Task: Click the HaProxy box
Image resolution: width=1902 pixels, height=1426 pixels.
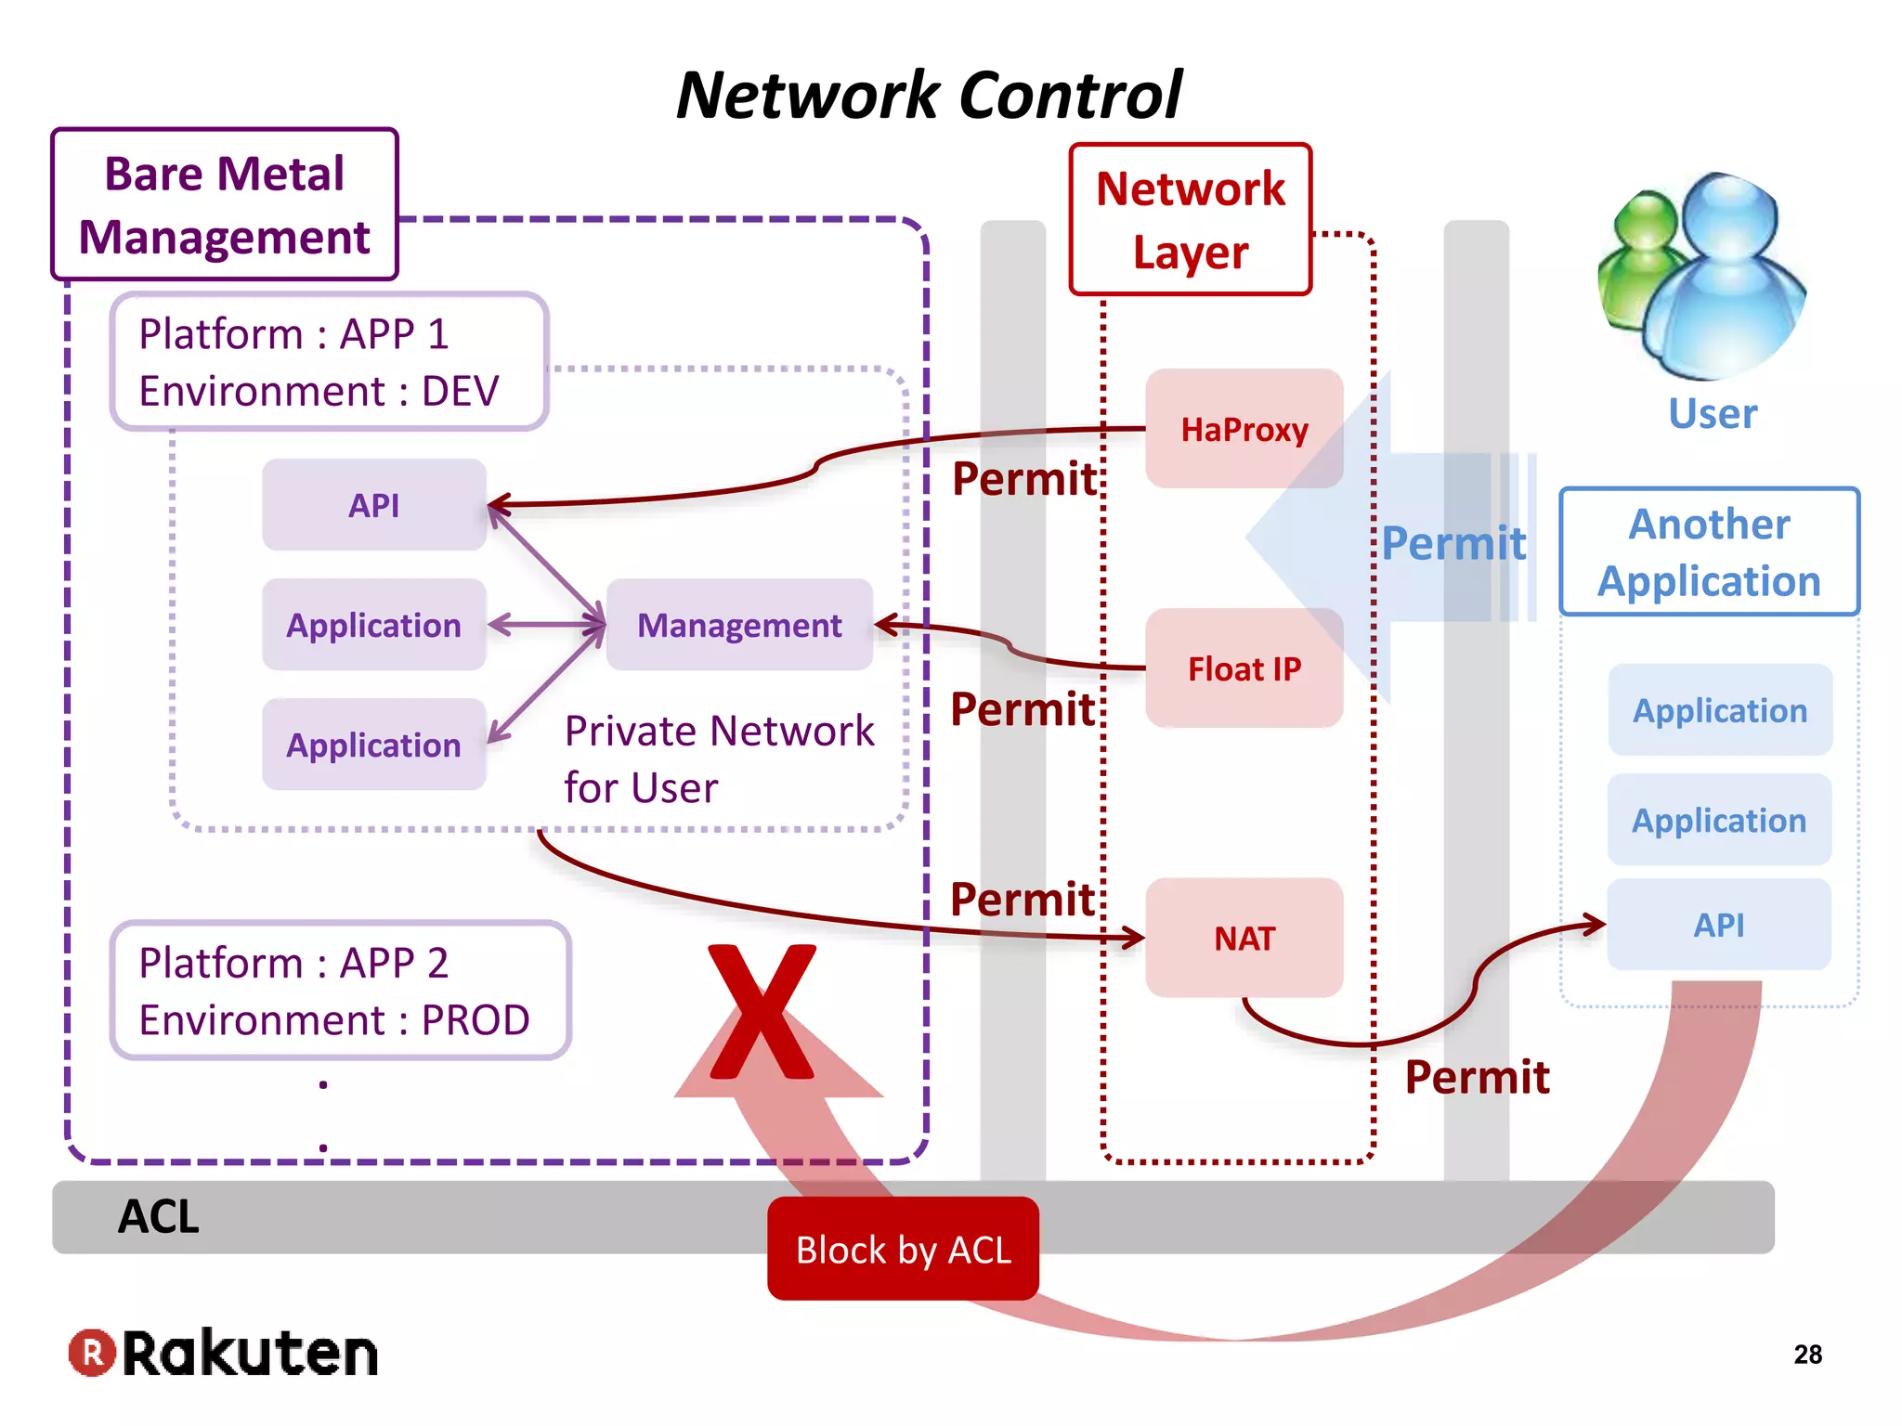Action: point(1244,429)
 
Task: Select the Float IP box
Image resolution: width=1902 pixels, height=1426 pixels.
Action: point(1244,668)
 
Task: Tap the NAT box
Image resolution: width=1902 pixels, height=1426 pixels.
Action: point(1244,938)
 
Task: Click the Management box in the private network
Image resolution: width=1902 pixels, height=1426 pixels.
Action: point(739,625)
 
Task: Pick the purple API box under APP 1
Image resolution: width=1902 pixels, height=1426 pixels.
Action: point(373,505)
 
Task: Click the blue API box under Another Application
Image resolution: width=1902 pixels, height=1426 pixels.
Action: point(1718,925)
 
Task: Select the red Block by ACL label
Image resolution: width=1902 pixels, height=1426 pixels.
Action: point(903,1250)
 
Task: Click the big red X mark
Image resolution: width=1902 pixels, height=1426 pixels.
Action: point(762,1012)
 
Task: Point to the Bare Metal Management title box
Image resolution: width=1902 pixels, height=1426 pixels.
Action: point(224,204)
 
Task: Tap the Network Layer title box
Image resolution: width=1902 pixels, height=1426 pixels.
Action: point(1190,220)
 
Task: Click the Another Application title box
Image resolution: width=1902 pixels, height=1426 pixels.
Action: point(1709,552)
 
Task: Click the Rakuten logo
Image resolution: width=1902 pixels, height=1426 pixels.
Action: point(223,1353)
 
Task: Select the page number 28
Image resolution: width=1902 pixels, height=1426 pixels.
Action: point(1807,1355)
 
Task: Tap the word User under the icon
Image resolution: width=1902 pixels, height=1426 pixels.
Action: point(1712,414)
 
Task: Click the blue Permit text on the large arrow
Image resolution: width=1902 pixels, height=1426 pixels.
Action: point(1453,543)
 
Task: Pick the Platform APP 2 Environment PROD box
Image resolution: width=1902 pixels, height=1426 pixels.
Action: point(340,991)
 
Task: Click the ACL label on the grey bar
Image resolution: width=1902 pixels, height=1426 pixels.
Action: point(159,1216)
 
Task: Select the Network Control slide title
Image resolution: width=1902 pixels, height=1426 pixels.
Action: point(929,95)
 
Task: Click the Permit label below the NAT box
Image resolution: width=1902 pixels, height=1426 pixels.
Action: point(1477,1077)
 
